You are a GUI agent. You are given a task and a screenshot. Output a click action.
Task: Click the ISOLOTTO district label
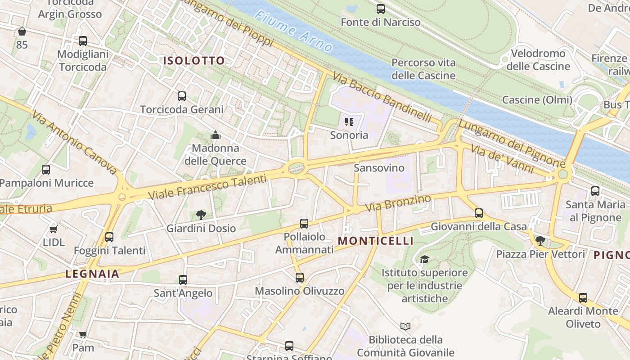[x=194, y=61]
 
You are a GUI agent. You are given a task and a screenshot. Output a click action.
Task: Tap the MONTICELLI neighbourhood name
[x=375, y=241]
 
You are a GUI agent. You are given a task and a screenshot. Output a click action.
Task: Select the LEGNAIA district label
[x=92, y=274]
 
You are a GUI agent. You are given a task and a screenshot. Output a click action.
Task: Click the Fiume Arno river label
[x=293, y=31]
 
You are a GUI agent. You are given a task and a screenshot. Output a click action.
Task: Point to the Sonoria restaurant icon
[x=349, y=122]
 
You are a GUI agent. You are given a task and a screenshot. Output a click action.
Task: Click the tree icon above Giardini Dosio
[x=201, y=215]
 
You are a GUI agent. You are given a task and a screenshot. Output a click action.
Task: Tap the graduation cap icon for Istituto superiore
[x=424, y=260]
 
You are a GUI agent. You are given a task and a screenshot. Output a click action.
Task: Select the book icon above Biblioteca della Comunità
[x=405, y=326]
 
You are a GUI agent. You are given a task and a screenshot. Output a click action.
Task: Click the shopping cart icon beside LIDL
[x=54, y=229]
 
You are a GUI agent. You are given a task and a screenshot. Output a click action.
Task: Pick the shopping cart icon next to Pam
[x=83, y=335]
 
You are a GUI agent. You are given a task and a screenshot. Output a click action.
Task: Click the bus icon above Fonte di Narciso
[x=381, y=9]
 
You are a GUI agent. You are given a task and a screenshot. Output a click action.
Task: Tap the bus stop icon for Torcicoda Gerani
[x=182, y=96]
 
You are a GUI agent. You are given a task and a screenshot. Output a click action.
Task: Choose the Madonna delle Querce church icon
[x=216, y=135]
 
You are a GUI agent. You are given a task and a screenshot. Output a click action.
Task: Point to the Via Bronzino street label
[x=398, y=203]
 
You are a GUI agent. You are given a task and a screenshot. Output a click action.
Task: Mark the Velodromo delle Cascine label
[x=538, y=60]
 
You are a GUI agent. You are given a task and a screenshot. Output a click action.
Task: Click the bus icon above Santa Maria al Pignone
[x=595, y=191]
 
